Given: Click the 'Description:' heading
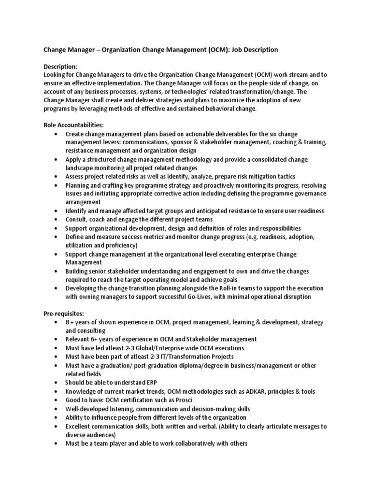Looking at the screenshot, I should tap(61, 67).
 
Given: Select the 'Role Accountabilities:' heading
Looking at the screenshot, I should tap(74, 125).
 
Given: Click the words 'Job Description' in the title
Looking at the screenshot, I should tap(254, 50).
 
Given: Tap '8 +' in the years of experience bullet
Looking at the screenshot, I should tap(71, 322).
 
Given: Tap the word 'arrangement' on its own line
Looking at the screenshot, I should tap(83, 202).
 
